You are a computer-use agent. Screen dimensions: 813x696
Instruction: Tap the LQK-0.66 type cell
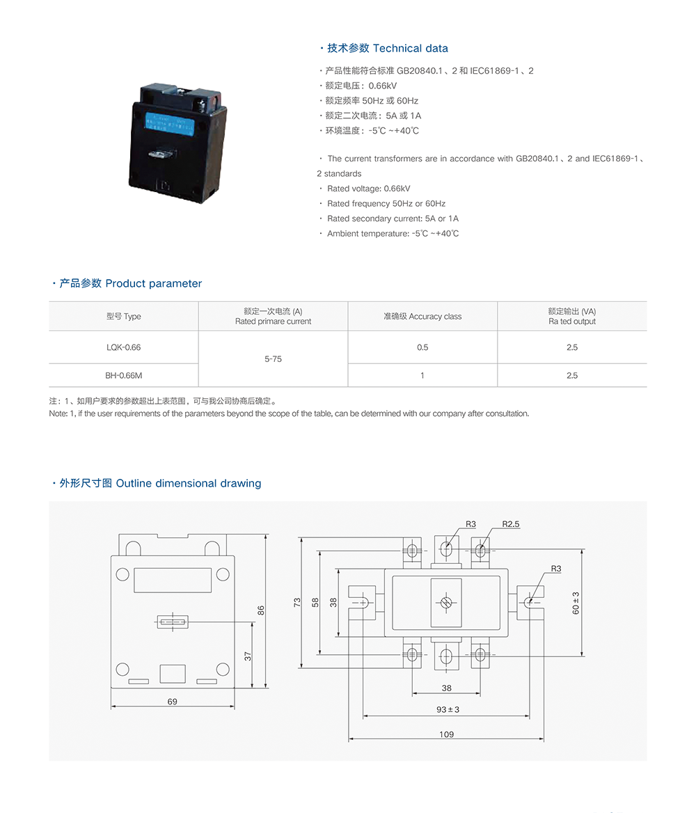(x=123, y=347)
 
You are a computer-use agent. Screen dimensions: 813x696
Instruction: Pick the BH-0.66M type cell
(x=123, y=375)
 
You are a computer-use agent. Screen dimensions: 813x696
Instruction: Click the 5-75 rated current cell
(x=273, y=359)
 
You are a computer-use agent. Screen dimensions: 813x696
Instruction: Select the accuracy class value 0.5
(x=422, y=347)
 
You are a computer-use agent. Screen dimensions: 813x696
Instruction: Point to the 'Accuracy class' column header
(x=422, y=316)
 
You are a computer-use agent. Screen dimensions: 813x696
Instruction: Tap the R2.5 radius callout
(x=511, y=523)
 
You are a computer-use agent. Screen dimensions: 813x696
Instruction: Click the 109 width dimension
(x=446, y=734)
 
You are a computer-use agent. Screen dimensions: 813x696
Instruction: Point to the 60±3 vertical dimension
(x=576, y=603)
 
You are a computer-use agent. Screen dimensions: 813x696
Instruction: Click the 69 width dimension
(x=172, y=702)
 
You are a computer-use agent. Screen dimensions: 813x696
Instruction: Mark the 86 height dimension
(x=261, y=610)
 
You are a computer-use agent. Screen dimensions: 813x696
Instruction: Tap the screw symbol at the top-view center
(x=446, y=602)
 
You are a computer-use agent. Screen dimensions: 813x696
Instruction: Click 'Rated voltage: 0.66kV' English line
(x=368, y=189)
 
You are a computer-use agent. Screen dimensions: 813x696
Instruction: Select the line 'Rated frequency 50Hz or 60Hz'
(x=386, y=203)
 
